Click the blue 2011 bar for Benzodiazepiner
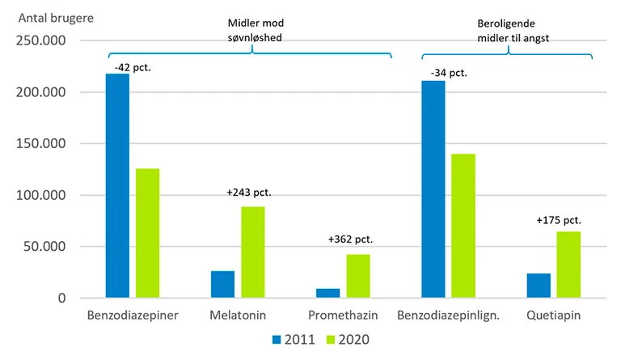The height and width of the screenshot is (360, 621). pyautogui.click(x=117, y=186)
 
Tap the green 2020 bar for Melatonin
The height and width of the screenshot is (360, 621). pyautogui.click(x=252, y=252)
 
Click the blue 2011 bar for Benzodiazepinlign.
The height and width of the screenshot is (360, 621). pyautogui.click(x=433, y=189)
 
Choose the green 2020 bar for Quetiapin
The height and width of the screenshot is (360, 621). pyautogui.click(x=568, y=265)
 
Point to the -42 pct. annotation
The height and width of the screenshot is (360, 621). pyautogui.click(x=133, y=67)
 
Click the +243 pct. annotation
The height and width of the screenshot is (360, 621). pyautogui.click(x=249, y=193)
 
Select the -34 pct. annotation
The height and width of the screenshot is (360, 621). pyautogui.click(x=449, y=74)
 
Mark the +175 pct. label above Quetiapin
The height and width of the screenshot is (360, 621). pyautogui.click(x=559, y=220)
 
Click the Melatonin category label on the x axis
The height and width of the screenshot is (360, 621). pyautogui.click(x=239, y=315)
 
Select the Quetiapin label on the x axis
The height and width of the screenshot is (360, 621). pyautogui.click(x=554, y=315)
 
